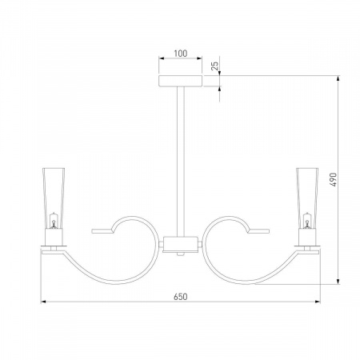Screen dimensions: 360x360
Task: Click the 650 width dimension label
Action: point(181,297)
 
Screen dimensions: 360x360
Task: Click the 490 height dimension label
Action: point(334,180)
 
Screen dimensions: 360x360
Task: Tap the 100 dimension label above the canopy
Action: point(181,54)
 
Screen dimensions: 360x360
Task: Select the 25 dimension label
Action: point(214,66)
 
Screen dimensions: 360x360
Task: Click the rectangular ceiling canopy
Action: point(181,81)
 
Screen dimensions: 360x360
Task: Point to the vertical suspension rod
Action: point(181,162)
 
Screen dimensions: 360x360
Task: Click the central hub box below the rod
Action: point(181,244)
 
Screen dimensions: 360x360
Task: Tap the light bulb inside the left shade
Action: point(54,221)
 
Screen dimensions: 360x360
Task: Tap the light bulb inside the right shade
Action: point(307,221)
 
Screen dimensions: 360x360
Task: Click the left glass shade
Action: point(54,198)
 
